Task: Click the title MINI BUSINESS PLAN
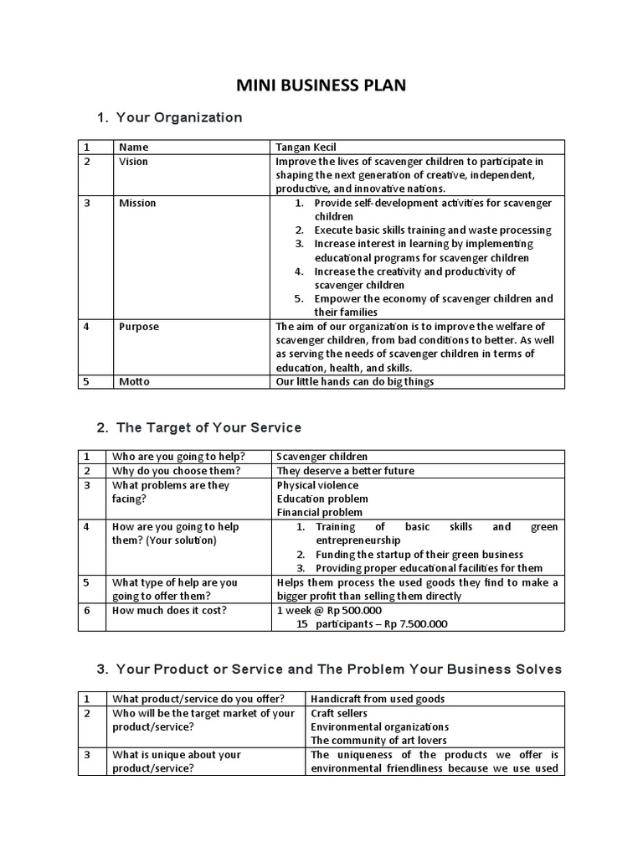coord(321,85)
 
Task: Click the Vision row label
coord(133,162)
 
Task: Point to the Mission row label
coord(137,203)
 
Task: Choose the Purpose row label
coord(139,327)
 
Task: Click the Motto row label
coord(135,382)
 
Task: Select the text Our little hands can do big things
coord(355,382)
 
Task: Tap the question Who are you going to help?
coord(177,457)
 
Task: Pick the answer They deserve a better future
coord(345,471)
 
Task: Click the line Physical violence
coord(317,485)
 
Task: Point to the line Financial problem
coord(320,512)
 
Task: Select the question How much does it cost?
coord(169,610)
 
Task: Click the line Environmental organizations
coord(379,726)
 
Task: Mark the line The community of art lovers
coord(378,740)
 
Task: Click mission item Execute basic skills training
coord(433,230)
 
